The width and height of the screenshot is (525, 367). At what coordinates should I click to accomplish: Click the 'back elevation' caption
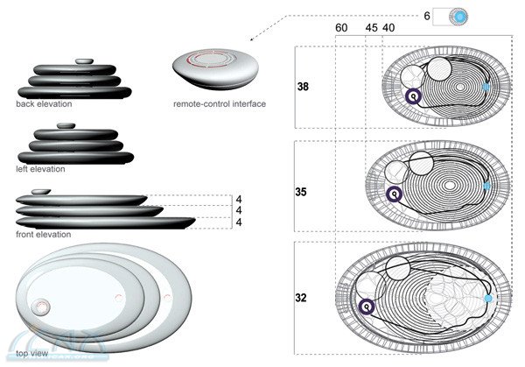43,103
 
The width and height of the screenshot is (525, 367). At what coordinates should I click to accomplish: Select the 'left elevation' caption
40,168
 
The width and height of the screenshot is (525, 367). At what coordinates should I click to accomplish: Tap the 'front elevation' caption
43,234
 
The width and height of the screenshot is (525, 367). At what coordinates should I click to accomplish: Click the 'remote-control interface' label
220,104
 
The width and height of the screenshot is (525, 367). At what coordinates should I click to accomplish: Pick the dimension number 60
341,28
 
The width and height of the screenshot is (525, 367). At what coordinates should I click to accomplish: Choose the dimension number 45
371,28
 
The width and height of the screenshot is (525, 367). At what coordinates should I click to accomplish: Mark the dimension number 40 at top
388,28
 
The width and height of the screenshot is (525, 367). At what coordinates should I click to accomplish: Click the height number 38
303,88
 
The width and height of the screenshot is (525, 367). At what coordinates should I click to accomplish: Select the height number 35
303,189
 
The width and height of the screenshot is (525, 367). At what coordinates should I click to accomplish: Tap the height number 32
303,299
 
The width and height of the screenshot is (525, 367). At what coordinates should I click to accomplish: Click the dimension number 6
426,15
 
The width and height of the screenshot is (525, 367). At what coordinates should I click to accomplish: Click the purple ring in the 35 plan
395,194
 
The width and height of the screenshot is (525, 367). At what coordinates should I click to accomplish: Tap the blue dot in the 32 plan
489,299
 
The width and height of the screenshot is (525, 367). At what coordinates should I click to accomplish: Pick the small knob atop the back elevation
84,60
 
